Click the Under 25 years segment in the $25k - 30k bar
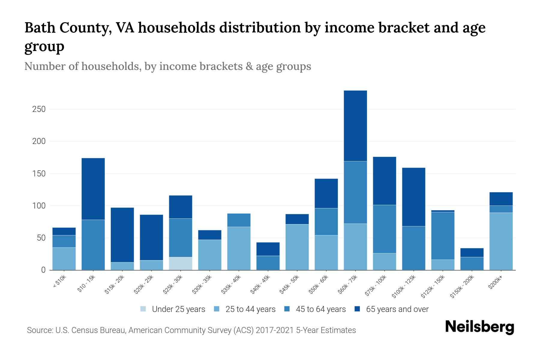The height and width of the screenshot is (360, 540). click(181, 263)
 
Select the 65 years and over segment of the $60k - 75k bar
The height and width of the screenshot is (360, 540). click(355, 126)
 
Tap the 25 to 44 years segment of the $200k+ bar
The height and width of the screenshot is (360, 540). click(501, 241)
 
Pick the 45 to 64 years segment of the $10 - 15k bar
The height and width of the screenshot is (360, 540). click(93, 245)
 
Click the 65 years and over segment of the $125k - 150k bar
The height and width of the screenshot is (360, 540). click(442, 211)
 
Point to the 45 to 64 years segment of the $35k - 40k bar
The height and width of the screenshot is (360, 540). click(239, 220)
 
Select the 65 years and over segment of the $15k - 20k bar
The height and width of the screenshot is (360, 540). click(122, 235)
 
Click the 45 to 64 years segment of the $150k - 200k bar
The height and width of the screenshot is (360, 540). click(472, 263)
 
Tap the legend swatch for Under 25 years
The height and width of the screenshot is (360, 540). click(143, 309)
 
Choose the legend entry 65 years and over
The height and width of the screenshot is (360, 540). click(397, 309)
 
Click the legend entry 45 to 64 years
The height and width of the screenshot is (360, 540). click(320, 309)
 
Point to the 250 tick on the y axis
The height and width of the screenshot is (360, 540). click(39, 109)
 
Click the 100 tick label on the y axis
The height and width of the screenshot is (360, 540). click(39, 206)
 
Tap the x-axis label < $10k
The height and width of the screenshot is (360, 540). click(60, 282)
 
